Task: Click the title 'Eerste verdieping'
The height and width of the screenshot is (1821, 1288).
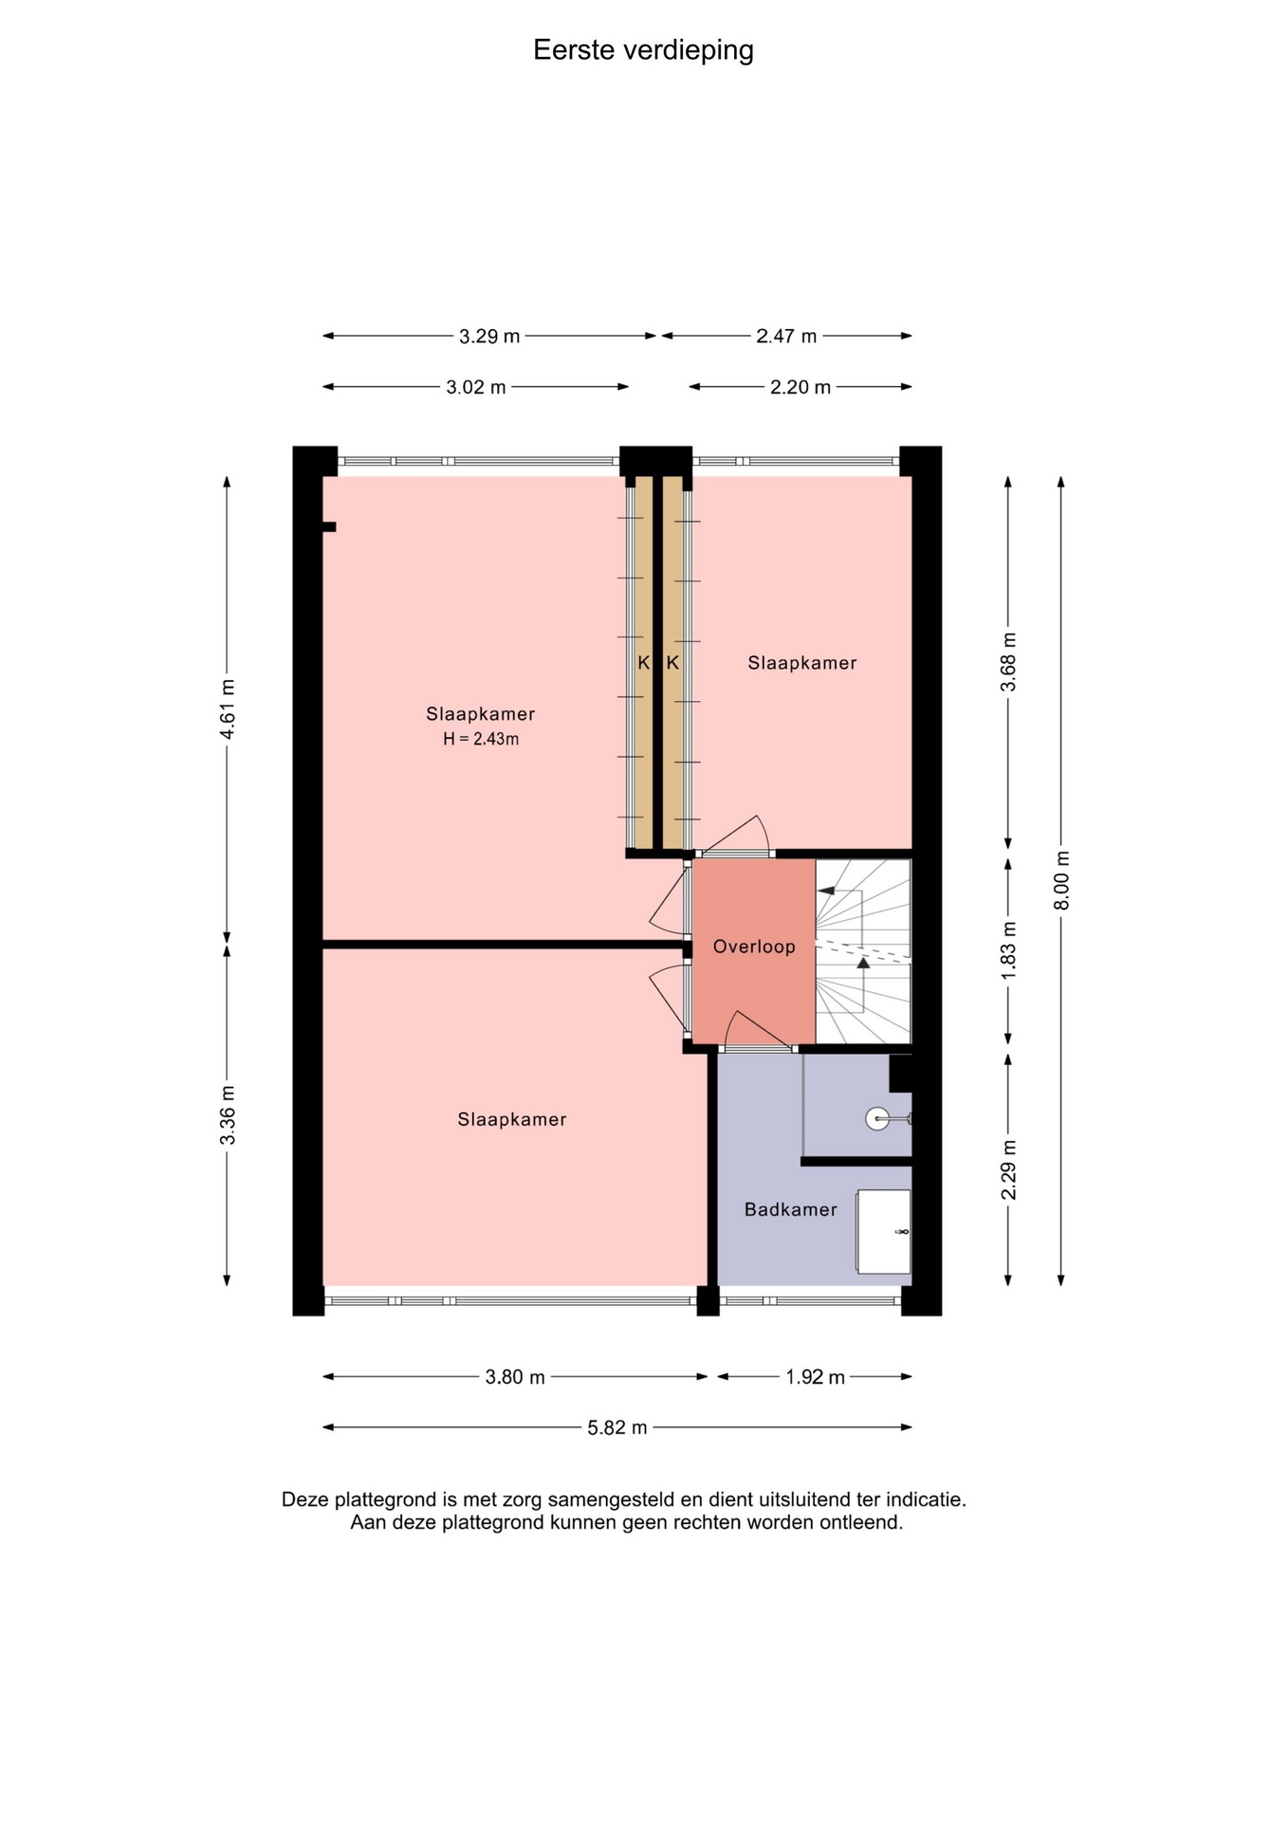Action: tap(643, 50)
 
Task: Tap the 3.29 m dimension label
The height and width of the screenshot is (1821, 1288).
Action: tap(489, 336)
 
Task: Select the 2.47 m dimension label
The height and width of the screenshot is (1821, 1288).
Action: tap(786, 336)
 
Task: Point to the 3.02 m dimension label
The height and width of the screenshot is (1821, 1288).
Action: tap(476, 387)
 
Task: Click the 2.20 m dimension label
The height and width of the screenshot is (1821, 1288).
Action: tap(800, 387)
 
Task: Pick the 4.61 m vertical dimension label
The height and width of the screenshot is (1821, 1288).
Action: tap(228, 709)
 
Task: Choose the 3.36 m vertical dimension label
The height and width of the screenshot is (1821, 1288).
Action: tap(228, 1114)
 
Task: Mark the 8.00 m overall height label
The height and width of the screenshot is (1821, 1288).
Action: tap(1062, 880)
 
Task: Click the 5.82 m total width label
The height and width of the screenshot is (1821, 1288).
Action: tap(617, 1427)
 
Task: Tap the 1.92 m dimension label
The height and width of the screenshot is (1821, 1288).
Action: tap(815, 1377)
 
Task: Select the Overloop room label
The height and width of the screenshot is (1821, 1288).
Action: tap(754, 947)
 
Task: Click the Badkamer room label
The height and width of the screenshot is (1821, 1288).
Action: tap(791, 1209)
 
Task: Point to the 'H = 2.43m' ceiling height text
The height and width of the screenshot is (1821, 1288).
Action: tap(481, 739)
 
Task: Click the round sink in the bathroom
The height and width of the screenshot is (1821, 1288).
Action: tap(878, 1119)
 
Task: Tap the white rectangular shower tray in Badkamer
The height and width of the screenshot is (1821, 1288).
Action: tap(884, 1232)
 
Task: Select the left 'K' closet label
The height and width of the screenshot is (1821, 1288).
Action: tap(644, 663)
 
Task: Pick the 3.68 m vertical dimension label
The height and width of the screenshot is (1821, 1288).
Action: tap(1009, 662)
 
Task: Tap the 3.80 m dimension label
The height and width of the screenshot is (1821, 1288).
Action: tap(515, 1377)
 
